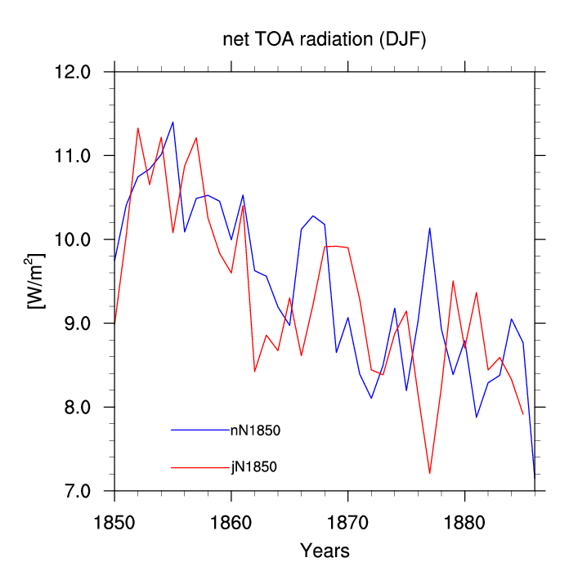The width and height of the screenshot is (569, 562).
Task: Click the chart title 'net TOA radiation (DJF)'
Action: pyautogui.click(x=324, y=39)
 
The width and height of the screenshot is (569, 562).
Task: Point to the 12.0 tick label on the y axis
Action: pyautogui.click(x=72, y=72)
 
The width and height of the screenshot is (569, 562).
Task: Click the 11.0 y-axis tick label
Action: pyautogui.click(x=72, y=156)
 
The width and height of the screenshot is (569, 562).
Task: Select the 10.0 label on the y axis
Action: pyautogui.click(x=72, y=239)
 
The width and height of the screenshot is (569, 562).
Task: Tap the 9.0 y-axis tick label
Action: pyautogui.click(x=78, y=323)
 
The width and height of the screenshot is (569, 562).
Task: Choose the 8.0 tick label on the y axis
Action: pyautogui.click(x=78, y=407)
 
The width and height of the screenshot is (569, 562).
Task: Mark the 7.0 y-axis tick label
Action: pyautogui.click(x=78, y=491)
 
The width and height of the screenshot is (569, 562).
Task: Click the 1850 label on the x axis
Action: pyautogui.click(x=114, y=524)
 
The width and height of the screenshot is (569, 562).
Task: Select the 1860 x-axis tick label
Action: pyautogui.click(x=231, y=524)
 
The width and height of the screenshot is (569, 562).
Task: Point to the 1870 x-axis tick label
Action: pyautogui.click(x=347, y=524)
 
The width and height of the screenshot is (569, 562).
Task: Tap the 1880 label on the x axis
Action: pyautogui.click(x=464, y=524)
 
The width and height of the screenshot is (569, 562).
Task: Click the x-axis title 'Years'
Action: pyautogui.click(x=325, y=551)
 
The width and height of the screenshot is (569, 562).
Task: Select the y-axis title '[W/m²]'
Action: pyautogui.click(x=35, y=281)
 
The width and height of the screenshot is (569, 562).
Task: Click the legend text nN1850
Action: pyautogui.click(x=255, y=430)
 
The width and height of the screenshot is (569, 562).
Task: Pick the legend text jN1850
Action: pyautogui.click(x=254, y=467)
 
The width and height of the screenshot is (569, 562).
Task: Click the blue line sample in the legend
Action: pyautogui.click(x=200, y=430)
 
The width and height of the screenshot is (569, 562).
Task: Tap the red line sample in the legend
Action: pyautogui.click(x=200, y=467)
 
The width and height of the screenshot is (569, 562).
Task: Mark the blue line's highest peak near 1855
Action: pyautogui.click(x=172, y=123)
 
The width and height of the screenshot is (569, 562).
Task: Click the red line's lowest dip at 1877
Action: pyautogui.click(x=430, y=473)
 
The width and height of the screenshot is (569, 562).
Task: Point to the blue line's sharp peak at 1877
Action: pyautogui.click(x=430, y=228)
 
